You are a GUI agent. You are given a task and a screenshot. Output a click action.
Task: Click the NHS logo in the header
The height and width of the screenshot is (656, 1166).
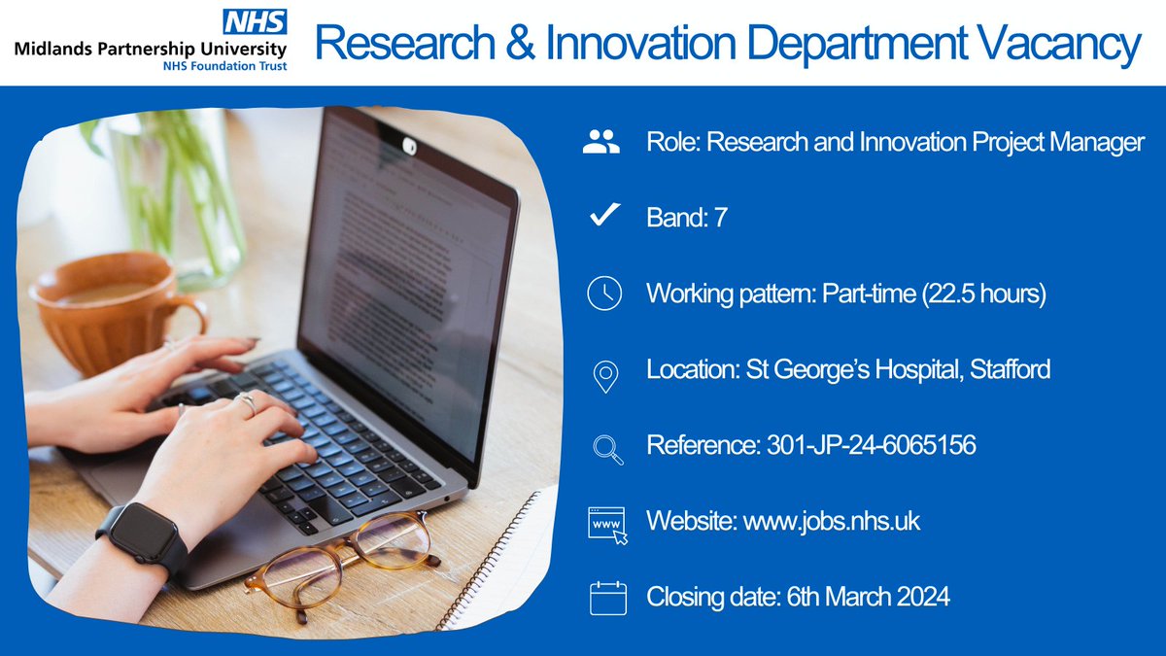(x=256, y=21)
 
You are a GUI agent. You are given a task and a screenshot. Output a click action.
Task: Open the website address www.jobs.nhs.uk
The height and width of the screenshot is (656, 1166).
(x=831, y=522)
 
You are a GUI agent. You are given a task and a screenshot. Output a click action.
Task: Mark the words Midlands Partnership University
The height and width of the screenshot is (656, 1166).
(x=151, y=49)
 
